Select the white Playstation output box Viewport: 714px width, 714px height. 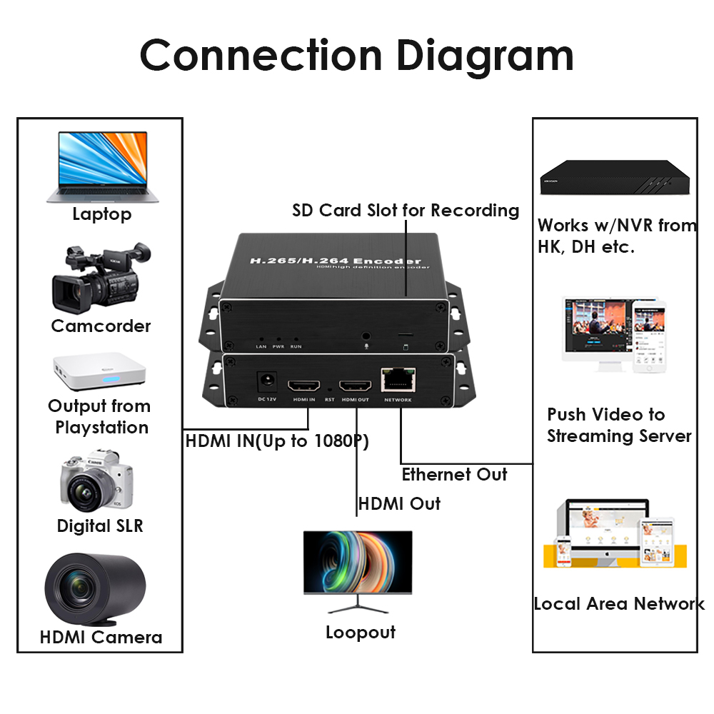tap(100, 372)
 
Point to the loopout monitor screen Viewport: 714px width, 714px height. tap(358, 562)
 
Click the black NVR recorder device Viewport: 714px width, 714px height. tap(615, 176)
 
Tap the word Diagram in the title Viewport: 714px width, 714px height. tap(485, 55)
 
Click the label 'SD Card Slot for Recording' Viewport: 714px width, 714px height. tap(405, 211)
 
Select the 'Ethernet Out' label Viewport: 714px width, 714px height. tap(454, 475)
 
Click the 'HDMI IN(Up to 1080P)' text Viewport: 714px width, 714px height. tap(277, 441)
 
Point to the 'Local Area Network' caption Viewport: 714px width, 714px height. tap(618, 604)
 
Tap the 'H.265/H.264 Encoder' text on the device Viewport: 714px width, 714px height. tap(335, 261)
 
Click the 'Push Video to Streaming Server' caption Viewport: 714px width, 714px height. tap(618, 425)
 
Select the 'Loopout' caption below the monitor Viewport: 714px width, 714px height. tap(360, 632)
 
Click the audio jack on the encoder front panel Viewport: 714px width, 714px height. tap(367, 335)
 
